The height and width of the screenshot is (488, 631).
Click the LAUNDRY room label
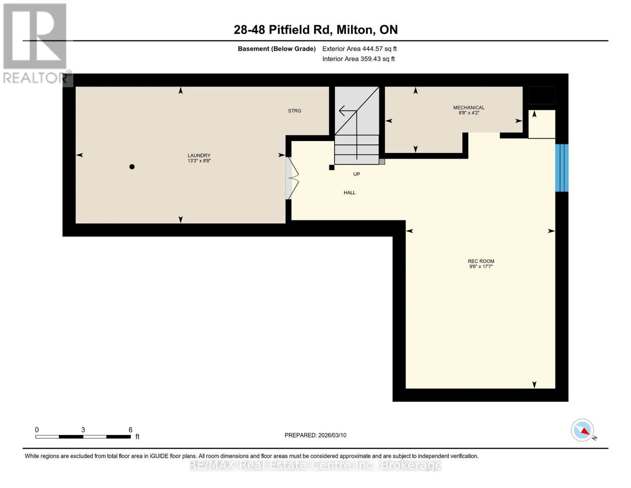tap(199, 155)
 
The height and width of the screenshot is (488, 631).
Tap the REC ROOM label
tap(481, 261)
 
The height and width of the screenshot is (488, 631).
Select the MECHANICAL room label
tap(468, 107)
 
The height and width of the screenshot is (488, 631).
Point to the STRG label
tap(295, 111)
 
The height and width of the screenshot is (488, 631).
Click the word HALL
tap(349, 192)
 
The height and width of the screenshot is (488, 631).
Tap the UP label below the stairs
tap(356, 174)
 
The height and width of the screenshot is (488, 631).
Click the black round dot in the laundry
tap(132, 167)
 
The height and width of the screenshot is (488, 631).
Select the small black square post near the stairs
tap(332, 168)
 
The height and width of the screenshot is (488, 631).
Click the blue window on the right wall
tap(562, 168)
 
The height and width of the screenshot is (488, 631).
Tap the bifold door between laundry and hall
tap(292, 178)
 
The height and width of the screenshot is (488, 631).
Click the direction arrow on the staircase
tap(348, 111)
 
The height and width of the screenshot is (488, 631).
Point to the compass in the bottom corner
tap(583, 430)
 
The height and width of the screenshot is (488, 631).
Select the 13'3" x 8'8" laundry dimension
tap(199, 161)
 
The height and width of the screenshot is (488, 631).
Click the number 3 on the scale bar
tap(83, 429)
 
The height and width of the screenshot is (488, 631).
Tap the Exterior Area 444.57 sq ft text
tap(360, 49)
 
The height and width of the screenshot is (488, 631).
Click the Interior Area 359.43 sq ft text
tap(358, 59)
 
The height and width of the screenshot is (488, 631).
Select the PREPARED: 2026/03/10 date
tap(315, 435)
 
